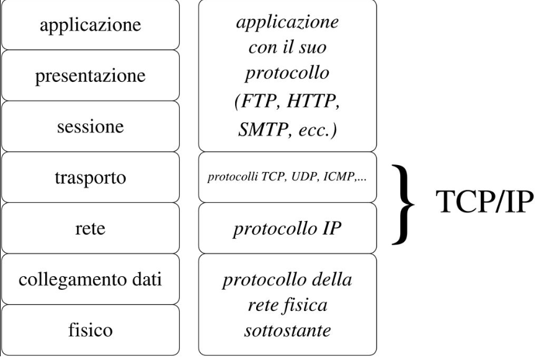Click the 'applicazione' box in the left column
(91, 25)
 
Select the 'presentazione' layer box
(91, 76)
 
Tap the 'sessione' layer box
(91, 127)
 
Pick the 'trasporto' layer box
(91, 178)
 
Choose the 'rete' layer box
(91, 228)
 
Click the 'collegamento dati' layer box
(91, 279)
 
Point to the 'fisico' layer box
(91, 329)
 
